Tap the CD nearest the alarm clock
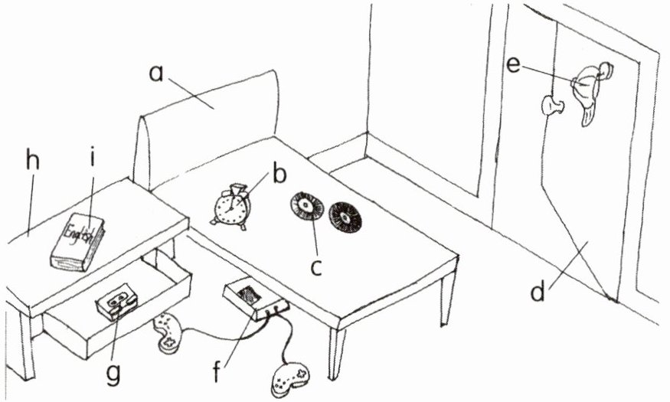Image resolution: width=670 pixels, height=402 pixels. [306, 208]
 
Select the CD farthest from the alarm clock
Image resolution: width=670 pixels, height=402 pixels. [345, 217]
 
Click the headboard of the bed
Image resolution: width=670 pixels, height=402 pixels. [207, 123]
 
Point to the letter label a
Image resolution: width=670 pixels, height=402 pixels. [156, 74]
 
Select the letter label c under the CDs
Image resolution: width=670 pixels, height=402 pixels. [316, 268]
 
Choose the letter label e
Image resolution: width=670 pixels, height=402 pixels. [514, 65]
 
